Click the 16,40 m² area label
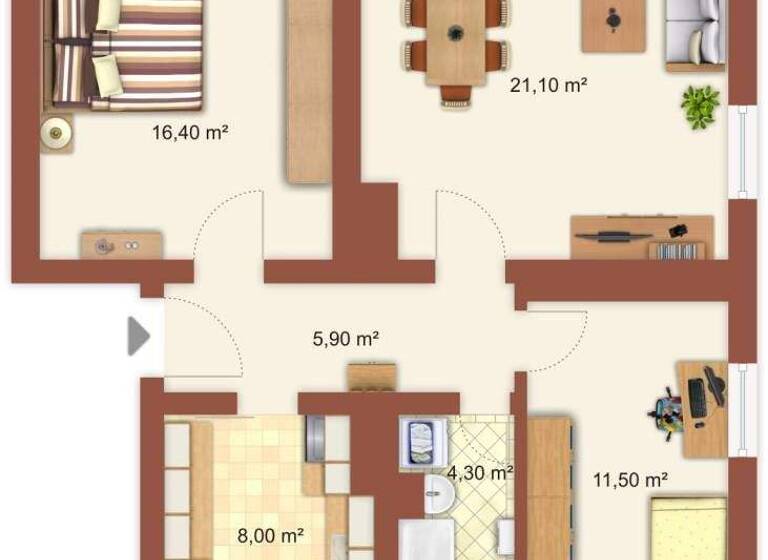coord(190,131)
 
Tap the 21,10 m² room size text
coord(548,86)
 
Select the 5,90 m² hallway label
coord(346,339)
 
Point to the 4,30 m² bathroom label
coord(480,472)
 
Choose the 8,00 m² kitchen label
coord(270,536)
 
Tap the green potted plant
coord(700,105)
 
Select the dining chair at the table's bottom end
coord(455,96)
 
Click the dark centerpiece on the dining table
coord(456,33)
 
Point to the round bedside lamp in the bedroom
coord(57,130)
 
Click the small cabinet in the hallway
coord(372,376)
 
